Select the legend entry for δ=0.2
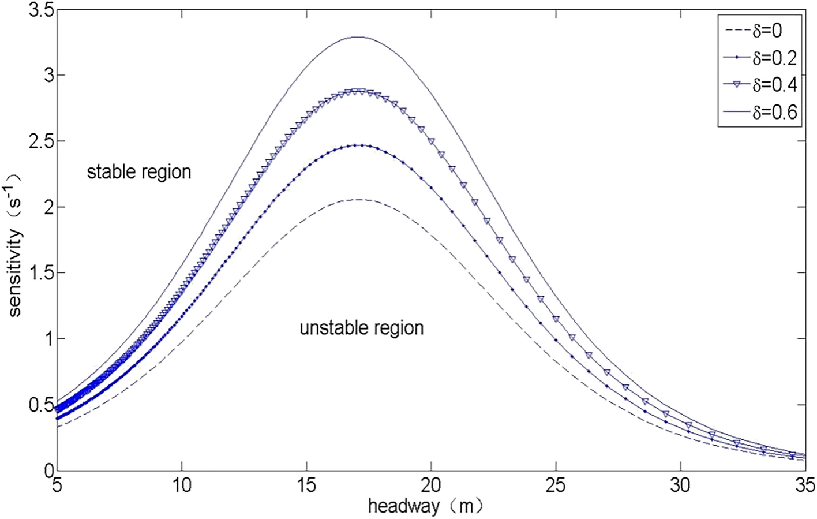tap(759, 58)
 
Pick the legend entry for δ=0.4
tap(759, 85)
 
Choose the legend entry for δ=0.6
tap(759, 111)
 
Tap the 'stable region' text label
tap(138, 172)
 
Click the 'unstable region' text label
tap(362, 328)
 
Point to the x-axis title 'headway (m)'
tap(425, 506)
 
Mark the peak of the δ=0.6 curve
tap(358, 37)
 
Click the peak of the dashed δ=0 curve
tap(358, 199)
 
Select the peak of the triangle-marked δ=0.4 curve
tap(358, 91)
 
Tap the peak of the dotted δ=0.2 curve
tap(358, 145)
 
